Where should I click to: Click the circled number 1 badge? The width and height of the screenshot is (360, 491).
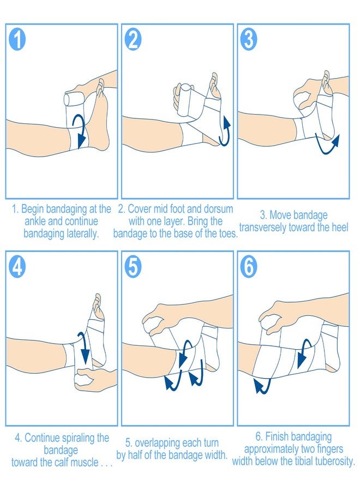(x=17, y=39)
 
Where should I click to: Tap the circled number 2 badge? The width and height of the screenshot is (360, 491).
(x=133, y=39)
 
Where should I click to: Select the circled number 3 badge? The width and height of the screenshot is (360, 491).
(x=249, y=39)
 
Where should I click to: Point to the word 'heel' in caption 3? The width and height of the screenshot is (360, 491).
(x=340, y=227)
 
